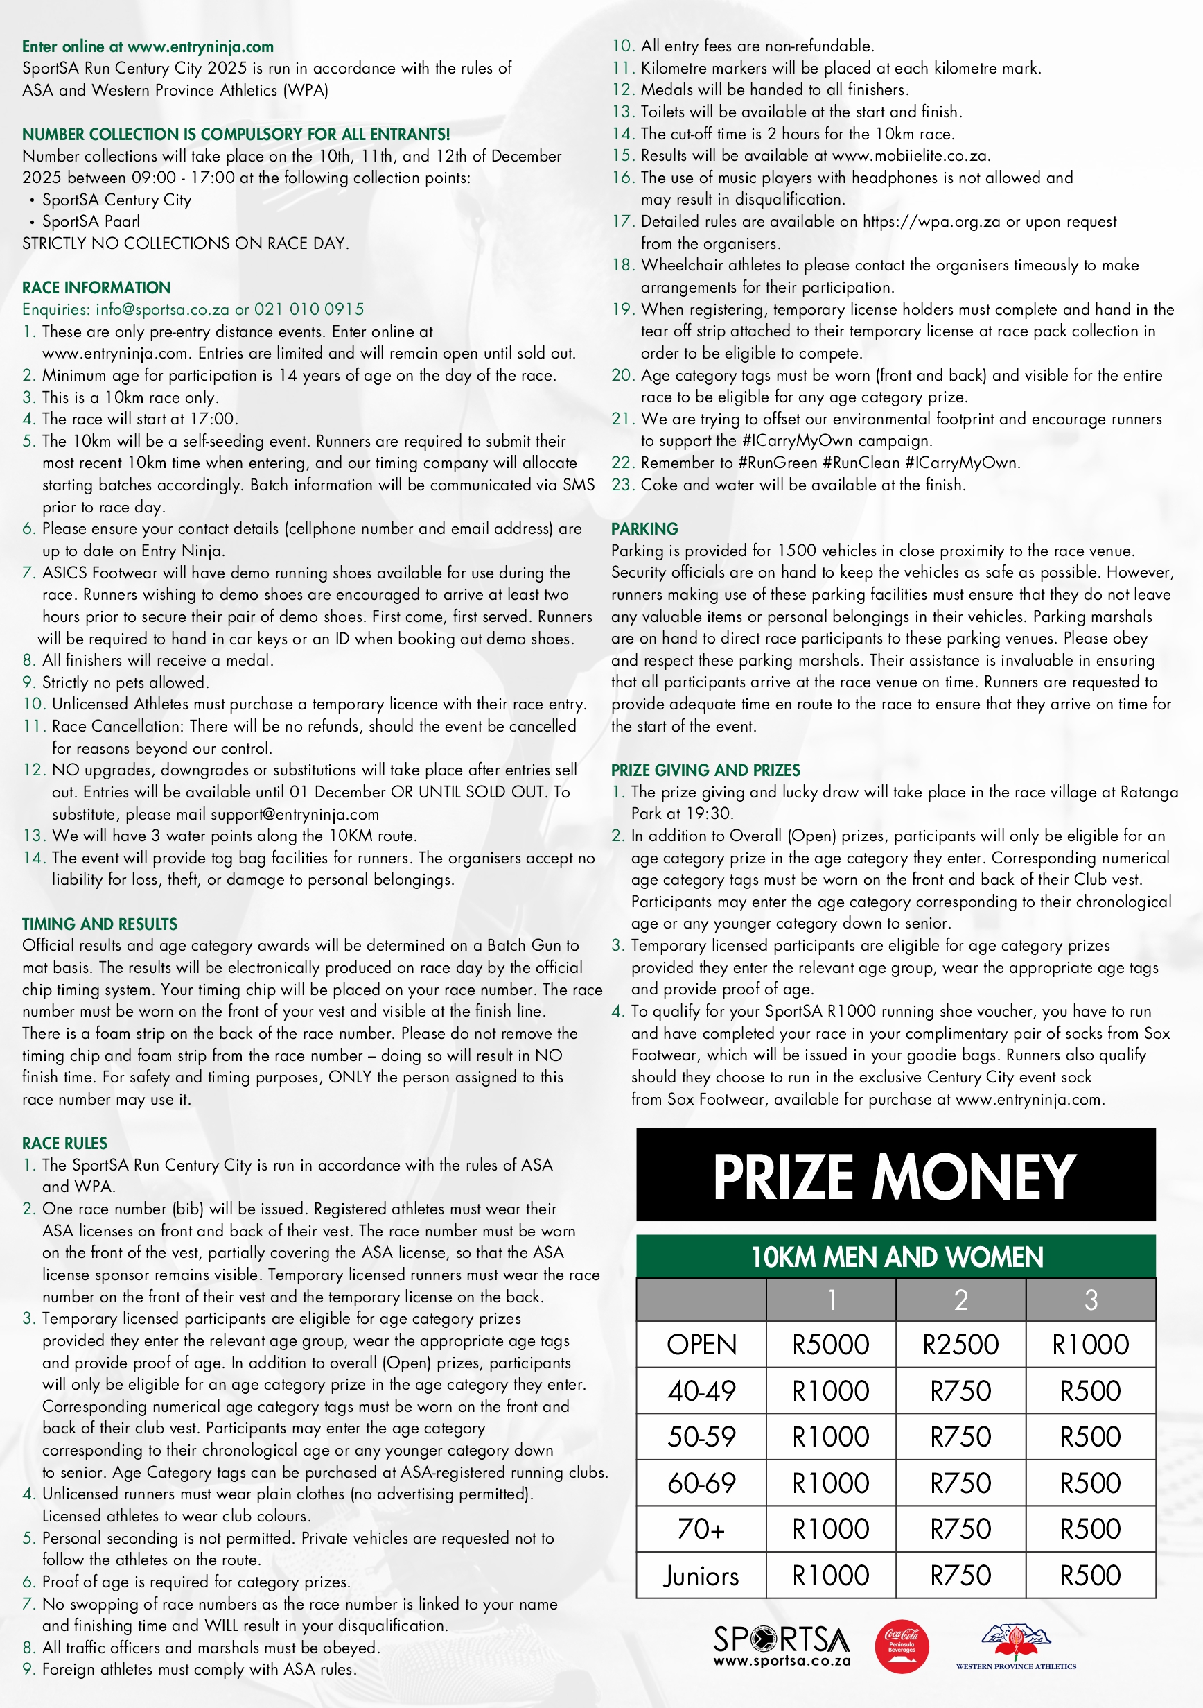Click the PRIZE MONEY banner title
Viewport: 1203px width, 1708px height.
[895, 1176]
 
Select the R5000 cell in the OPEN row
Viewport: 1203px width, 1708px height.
[830, 1344]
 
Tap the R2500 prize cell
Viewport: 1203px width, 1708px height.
[960, 1344]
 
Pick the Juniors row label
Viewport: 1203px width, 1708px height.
[701, 1576]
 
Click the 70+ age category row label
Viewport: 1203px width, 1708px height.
[701, 1530]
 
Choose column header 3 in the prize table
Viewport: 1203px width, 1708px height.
[1091, 1300]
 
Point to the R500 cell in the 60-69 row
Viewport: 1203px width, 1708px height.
[1091, 1483]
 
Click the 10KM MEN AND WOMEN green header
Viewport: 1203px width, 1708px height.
[896, 1257]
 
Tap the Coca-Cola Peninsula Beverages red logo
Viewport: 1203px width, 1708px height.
[901, 1646]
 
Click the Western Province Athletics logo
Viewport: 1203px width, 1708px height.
[1016, 1647]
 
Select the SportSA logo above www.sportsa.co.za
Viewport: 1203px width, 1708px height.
[782, 1639]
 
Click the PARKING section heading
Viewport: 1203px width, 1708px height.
[644, 529]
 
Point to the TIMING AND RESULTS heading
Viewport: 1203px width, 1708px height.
[100, 924]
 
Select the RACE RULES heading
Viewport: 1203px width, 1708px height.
[64, 1144]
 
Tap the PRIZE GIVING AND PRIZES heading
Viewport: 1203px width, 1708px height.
[705, 770]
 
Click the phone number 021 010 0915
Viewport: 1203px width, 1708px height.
[309, 309]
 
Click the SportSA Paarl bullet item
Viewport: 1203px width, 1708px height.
[91, 222]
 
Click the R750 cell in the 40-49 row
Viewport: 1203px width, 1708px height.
[960, 1390]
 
